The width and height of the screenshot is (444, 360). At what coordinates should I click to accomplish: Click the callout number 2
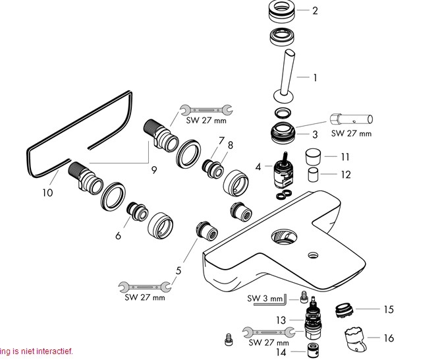tap(315, 11)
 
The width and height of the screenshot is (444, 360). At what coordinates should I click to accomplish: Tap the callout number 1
tap(315, 78)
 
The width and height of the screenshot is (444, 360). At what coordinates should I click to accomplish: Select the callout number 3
tap(315, 135)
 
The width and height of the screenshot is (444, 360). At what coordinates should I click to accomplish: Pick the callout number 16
tap(389, 338)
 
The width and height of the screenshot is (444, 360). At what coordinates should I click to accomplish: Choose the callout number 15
tap(389, 309)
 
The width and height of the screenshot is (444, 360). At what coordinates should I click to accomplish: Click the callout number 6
tap(119, 236)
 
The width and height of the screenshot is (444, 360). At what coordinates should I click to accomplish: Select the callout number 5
tap(177, 270)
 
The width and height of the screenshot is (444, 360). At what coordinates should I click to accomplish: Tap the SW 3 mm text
tap(260, 299)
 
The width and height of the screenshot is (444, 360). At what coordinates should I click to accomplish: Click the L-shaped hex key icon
tap(281, 301)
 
